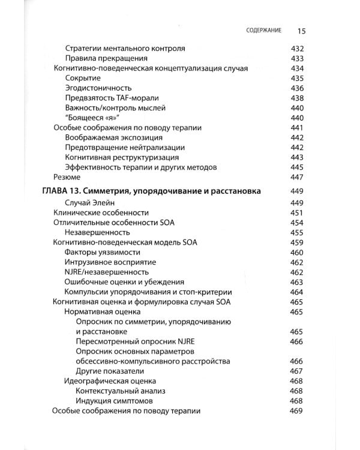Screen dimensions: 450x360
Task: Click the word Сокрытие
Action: pyautogui.click(x=83, y=78)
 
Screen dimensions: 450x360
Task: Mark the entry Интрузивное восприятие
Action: pyautogui.click(x=110, y=262)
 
